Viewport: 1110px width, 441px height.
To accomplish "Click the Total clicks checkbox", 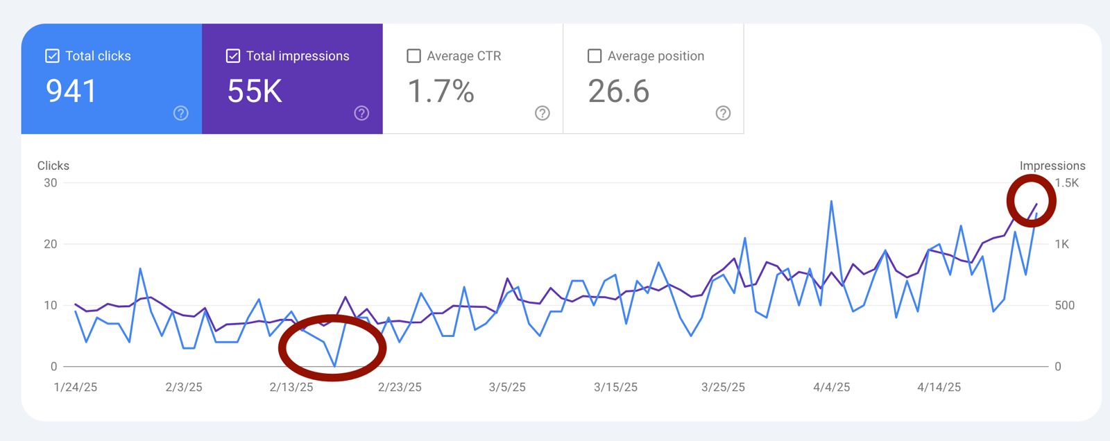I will (52, 56).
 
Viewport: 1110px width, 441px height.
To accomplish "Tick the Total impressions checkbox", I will (233, 56).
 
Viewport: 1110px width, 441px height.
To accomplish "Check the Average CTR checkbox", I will (413, 56).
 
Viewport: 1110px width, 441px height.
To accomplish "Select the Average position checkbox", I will (595, 56).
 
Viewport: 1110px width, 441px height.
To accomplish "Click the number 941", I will (71, 91).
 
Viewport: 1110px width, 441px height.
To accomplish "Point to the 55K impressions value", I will (255, 91).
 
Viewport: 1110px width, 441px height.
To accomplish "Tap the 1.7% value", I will (441, 91).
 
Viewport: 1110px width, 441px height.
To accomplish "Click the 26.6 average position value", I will (619, 91).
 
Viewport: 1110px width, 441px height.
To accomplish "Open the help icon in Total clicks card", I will (180, 113).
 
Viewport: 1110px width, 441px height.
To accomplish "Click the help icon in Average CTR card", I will (543, 113).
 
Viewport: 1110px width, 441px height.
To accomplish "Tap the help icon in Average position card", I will (723, 113).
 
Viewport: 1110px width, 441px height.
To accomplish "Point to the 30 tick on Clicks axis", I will (51, 183).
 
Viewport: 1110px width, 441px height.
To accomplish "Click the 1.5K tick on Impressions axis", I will (1066, 183).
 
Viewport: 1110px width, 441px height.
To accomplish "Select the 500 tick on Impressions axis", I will (1064, 305).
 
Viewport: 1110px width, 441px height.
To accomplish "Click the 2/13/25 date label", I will (291, 387).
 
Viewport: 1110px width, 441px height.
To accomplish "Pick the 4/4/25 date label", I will (831, 387).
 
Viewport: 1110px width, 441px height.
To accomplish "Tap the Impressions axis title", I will (1052, 166).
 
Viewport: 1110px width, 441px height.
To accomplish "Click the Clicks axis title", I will (53, 166).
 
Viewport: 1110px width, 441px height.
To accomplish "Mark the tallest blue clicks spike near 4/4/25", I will (831, 202).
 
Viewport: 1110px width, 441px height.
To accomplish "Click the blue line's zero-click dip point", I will (334, 365).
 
